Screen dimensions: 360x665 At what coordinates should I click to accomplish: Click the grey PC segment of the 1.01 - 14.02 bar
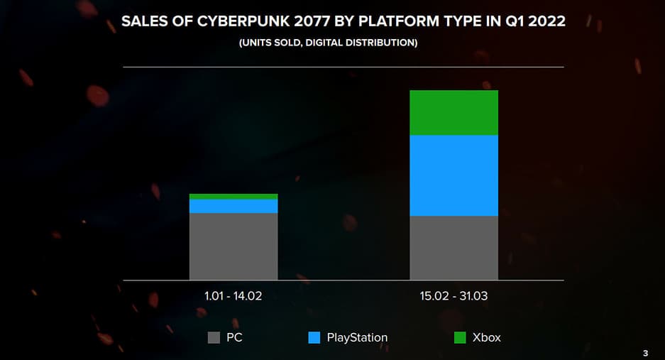click(x=233, y=246)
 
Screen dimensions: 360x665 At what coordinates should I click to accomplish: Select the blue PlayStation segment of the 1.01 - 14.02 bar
click(x=233, y=206)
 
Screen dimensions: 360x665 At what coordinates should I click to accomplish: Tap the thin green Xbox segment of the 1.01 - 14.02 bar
click(x=233, y=197)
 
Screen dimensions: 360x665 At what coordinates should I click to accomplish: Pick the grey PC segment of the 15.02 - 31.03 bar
click(x=454, y=247)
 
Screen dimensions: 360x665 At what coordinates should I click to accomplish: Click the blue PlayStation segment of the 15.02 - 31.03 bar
click(x=454, y=175)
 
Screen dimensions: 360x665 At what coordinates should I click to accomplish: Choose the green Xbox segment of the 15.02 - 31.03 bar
click(x=454, y=113)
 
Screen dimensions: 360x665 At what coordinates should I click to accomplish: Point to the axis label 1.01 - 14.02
click(x=233, y=296)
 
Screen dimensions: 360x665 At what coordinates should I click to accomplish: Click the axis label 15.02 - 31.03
click(x=454, y=296)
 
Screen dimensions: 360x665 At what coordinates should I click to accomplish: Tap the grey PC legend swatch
click(x=214, y=338)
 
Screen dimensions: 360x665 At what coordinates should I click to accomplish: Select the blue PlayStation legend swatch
click(x=314, y=338)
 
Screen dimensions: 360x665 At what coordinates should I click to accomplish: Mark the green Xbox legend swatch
click(x=460, y=338)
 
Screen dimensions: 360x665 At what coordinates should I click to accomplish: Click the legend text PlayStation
click(x=357, y=338)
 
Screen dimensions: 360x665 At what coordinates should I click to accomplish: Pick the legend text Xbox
click(x=486, y=338)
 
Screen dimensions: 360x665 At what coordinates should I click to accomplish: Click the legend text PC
click(x=234, y=338)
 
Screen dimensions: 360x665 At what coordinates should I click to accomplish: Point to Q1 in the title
click(x=510, y=21)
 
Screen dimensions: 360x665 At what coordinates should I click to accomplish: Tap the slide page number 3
click(x=645, y=353)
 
